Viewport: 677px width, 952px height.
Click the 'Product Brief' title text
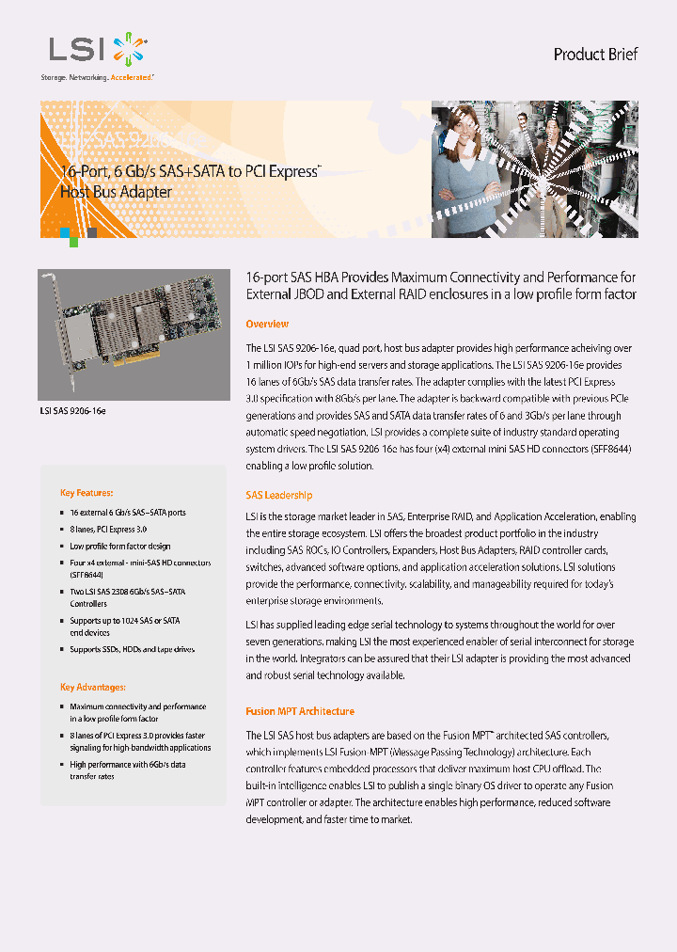coord(595,55)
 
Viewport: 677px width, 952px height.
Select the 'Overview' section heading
coord(266,325)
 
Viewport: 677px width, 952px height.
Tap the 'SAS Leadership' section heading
coord(278,495)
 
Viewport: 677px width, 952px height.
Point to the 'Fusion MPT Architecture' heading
coord(300,711)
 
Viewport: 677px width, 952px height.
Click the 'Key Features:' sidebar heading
coord(87,493)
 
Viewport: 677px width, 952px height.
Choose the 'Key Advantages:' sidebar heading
coord(93,688)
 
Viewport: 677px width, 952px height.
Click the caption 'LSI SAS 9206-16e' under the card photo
coord(72,411)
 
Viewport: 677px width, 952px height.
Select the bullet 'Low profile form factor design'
coord(119,546)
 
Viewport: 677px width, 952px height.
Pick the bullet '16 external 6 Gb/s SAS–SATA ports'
coord(127,513)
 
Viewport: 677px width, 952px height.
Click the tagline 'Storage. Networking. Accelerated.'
coord(96,78)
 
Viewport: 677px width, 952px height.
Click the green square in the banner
coord(73,242)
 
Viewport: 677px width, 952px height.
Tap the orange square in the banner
coord(64,230)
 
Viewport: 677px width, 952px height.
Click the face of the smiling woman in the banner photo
coord(468,121)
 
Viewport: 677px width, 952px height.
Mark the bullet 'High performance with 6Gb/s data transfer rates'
coord(127,770)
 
